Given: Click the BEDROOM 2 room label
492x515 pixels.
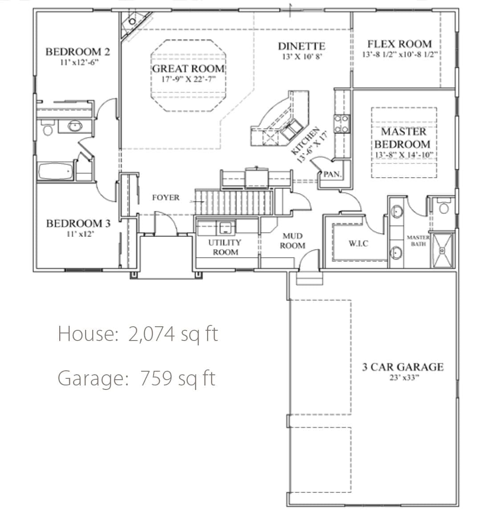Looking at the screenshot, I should [x=77, y=52].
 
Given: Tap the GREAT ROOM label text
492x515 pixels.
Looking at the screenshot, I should [x=188, y=69].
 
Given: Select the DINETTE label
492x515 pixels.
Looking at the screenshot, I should [x=301, y=46].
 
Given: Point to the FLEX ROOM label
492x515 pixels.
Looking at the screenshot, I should [x=399, y=44].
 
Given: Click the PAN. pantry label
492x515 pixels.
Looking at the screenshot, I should [x=332, y=174].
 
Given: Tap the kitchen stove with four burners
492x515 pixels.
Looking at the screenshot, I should [x=342, y=124].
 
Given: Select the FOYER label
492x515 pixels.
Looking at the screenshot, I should [x=166, y=197].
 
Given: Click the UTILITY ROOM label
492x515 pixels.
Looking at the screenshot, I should [x=225, y=247].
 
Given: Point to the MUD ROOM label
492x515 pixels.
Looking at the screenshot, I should [x=293, y=240].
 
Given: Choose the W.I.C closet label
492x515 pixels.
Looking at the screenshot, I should [x=358, y=243].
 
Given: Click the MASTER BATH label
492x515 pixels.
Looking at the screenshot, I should [x=418, y=240].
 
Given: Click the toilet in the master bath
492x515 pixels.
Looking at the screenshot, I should [x=444, y=207].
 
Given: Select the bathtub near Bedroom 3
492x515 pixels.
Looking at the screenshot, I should [x=56, y=171].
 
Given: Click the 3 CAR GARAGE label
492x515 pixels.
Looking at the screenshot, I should [x=403, y=367].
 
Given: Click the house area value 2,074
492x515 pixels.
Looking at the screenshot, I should [x=152, y=334].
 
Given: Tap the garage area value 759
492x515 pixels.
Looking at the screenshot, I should [x=156, y=378].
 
